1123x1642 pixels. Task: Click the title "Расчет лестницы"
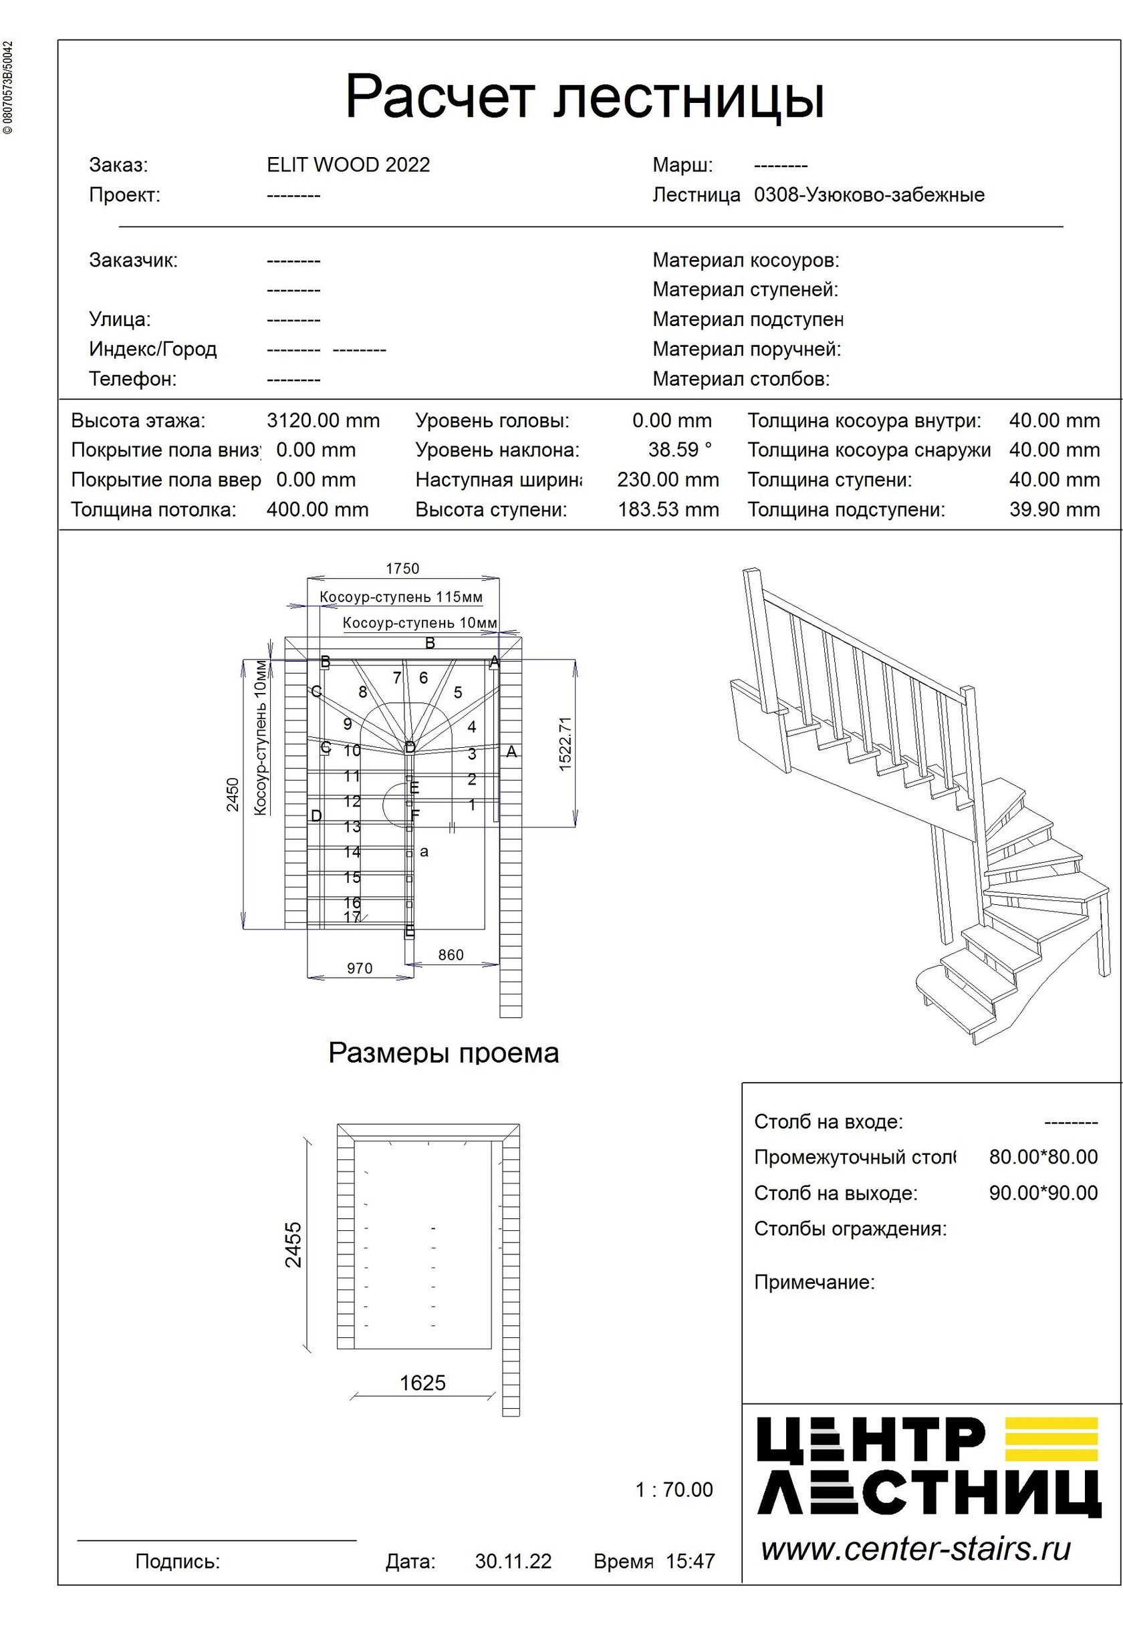coord(584,97)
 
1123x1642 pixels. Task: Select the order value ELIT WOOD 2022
coord(348,165)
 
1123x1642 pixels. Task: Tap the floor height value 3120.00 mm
coord(323,421)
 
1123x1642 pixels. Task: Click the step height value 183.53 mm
coord(668,509)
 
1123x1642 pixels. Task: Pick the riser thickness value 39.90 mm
coord(1053,509)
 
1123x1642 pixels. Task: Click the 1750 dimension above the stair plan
coord(402,568)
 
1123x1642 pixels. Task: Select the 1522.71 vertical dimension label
coord(566,743)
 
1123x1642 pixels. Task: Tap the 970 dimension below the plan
coord(359,968)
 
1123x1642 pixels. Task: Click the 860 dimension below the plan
coord(450,955)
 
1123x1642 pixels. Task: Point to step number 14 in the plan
coord(352,852)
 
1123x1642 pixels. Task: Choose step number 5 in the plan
coord(458,692)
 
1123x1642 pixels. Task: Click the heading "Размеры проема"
coord(443,1053)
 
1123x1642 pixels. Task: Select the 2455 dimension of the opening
coord(293,1245)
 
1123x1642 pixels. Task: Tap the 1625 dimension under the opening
coord(422,1383)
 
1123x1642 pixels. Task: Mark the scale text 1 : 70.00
coord(674,1490)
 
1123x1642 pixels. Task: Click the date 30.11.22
coord(513,1561)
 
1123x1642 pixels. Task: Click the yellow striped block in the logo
coord(1051,1440)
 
